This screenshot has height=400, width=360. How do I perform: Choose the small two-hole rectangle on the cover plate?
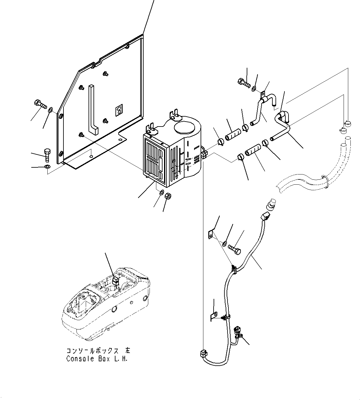click(x=118, y=110)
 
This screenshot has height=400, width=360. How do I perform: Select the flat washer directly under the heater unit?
click(x=162, y=193)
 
